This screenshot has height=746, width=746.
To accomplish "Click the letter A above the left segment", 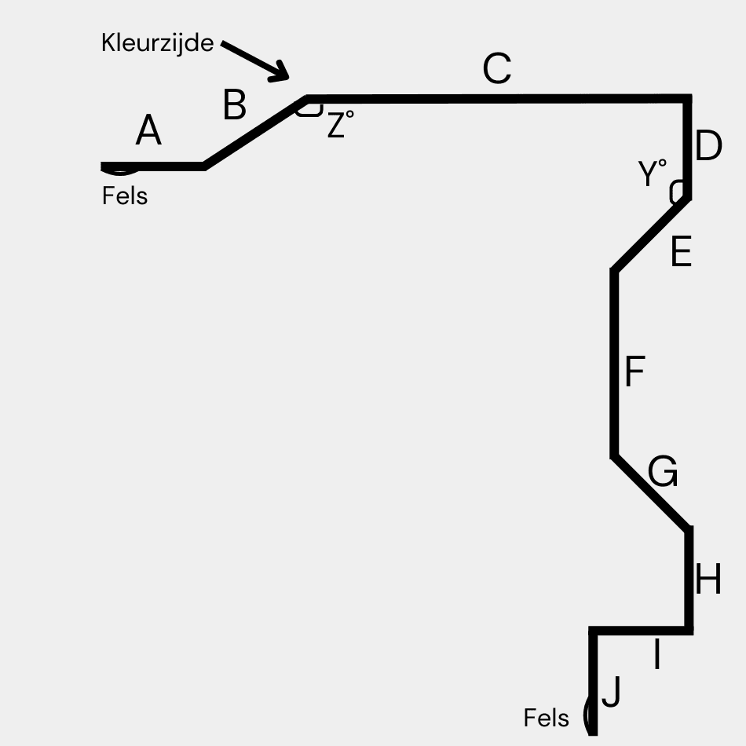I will click(x=148, y=131).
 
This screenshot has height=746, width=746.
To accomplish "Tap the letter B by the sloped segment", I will click(x=235, y=105).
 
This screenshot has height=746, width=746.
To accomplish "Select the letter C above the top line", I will click(x=497, y=70).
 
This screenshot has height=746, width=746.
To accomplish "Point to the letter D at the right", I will click(x=708, y=147).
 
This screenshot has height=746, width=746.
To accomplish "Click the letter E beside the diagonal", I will click(x=681, y=253).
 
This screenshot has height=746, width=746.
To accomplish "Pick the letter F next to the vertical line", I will click(x=634, y=372).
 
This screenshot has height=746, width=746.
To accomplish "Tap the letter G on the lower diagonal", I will click(x=663, y=473).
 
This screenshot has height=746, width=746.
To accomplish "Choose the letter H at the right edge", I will click(x=708, y=582).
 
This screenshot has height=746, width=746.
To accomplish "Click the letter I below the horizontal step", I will click(x=657, y=656).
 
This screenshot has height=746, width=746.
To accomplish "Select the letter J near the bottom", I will click(x=611, y=693).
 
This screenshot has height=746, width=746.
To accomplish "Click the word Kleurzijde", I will click(x=157, y=43).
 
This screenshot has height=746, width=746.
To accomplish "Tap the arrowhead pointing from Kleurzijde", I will click(x=282, y=73).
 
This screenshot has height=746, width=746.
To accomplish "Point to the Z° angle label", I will click(x=339, y=125).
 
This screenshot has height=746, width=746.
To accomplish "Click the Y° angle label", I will click(x=653, y=174).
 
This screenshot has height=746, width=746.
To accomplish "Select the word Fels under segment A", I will click(x=125, y=195).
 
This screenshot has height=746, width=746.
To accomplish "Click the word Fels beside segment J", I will click(x=547, y=717).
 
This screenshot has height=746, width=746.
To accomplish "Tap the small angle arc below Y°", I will click(x=675, y=191).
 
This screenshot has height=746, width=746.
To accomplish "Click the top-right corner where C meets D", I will click(x=688, y=99).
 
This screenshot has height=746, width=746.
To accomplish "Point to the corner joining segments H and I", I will click(x=689, y=630).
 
